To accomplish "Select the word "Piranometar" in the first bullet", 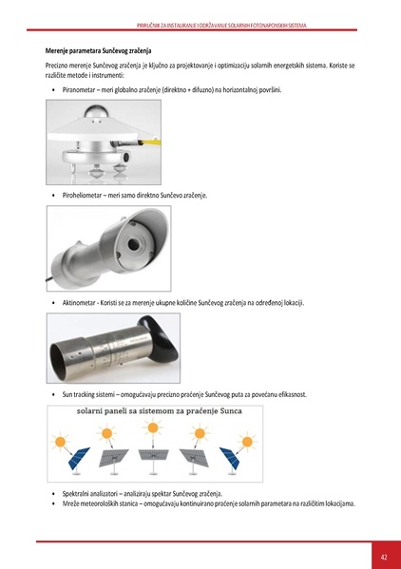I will (x=81, y=89).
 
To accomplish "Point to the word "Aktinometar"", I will (x=82, y=302).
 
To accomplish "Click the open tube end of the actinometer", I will (x=58, y=352).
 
